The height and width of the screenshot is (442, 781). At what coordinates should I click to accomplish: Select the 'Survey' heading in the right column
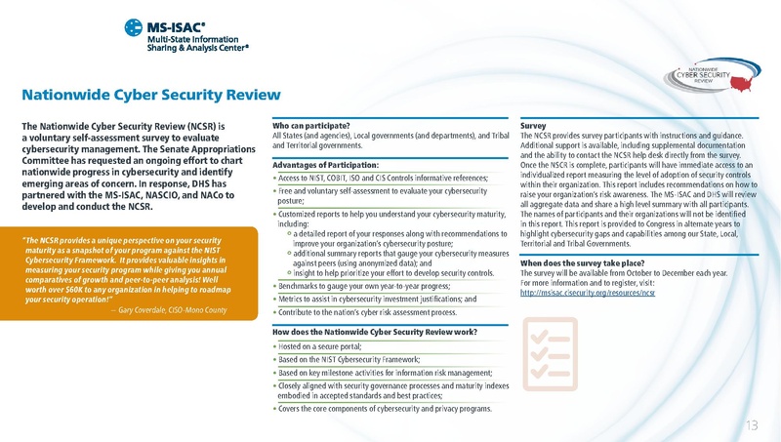(x=533, y=126)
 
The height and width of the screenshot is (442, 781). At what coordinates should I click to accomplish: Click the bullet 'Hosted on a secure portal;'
(x=320, y=346)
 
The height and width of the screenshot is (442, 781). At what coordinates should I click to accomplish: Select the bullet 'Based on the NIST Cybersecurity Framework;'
(x=354, y=360)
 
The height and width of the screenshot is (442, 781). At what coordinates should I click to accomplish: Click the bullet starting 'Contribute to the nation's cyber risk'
(x=366, y=312)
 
